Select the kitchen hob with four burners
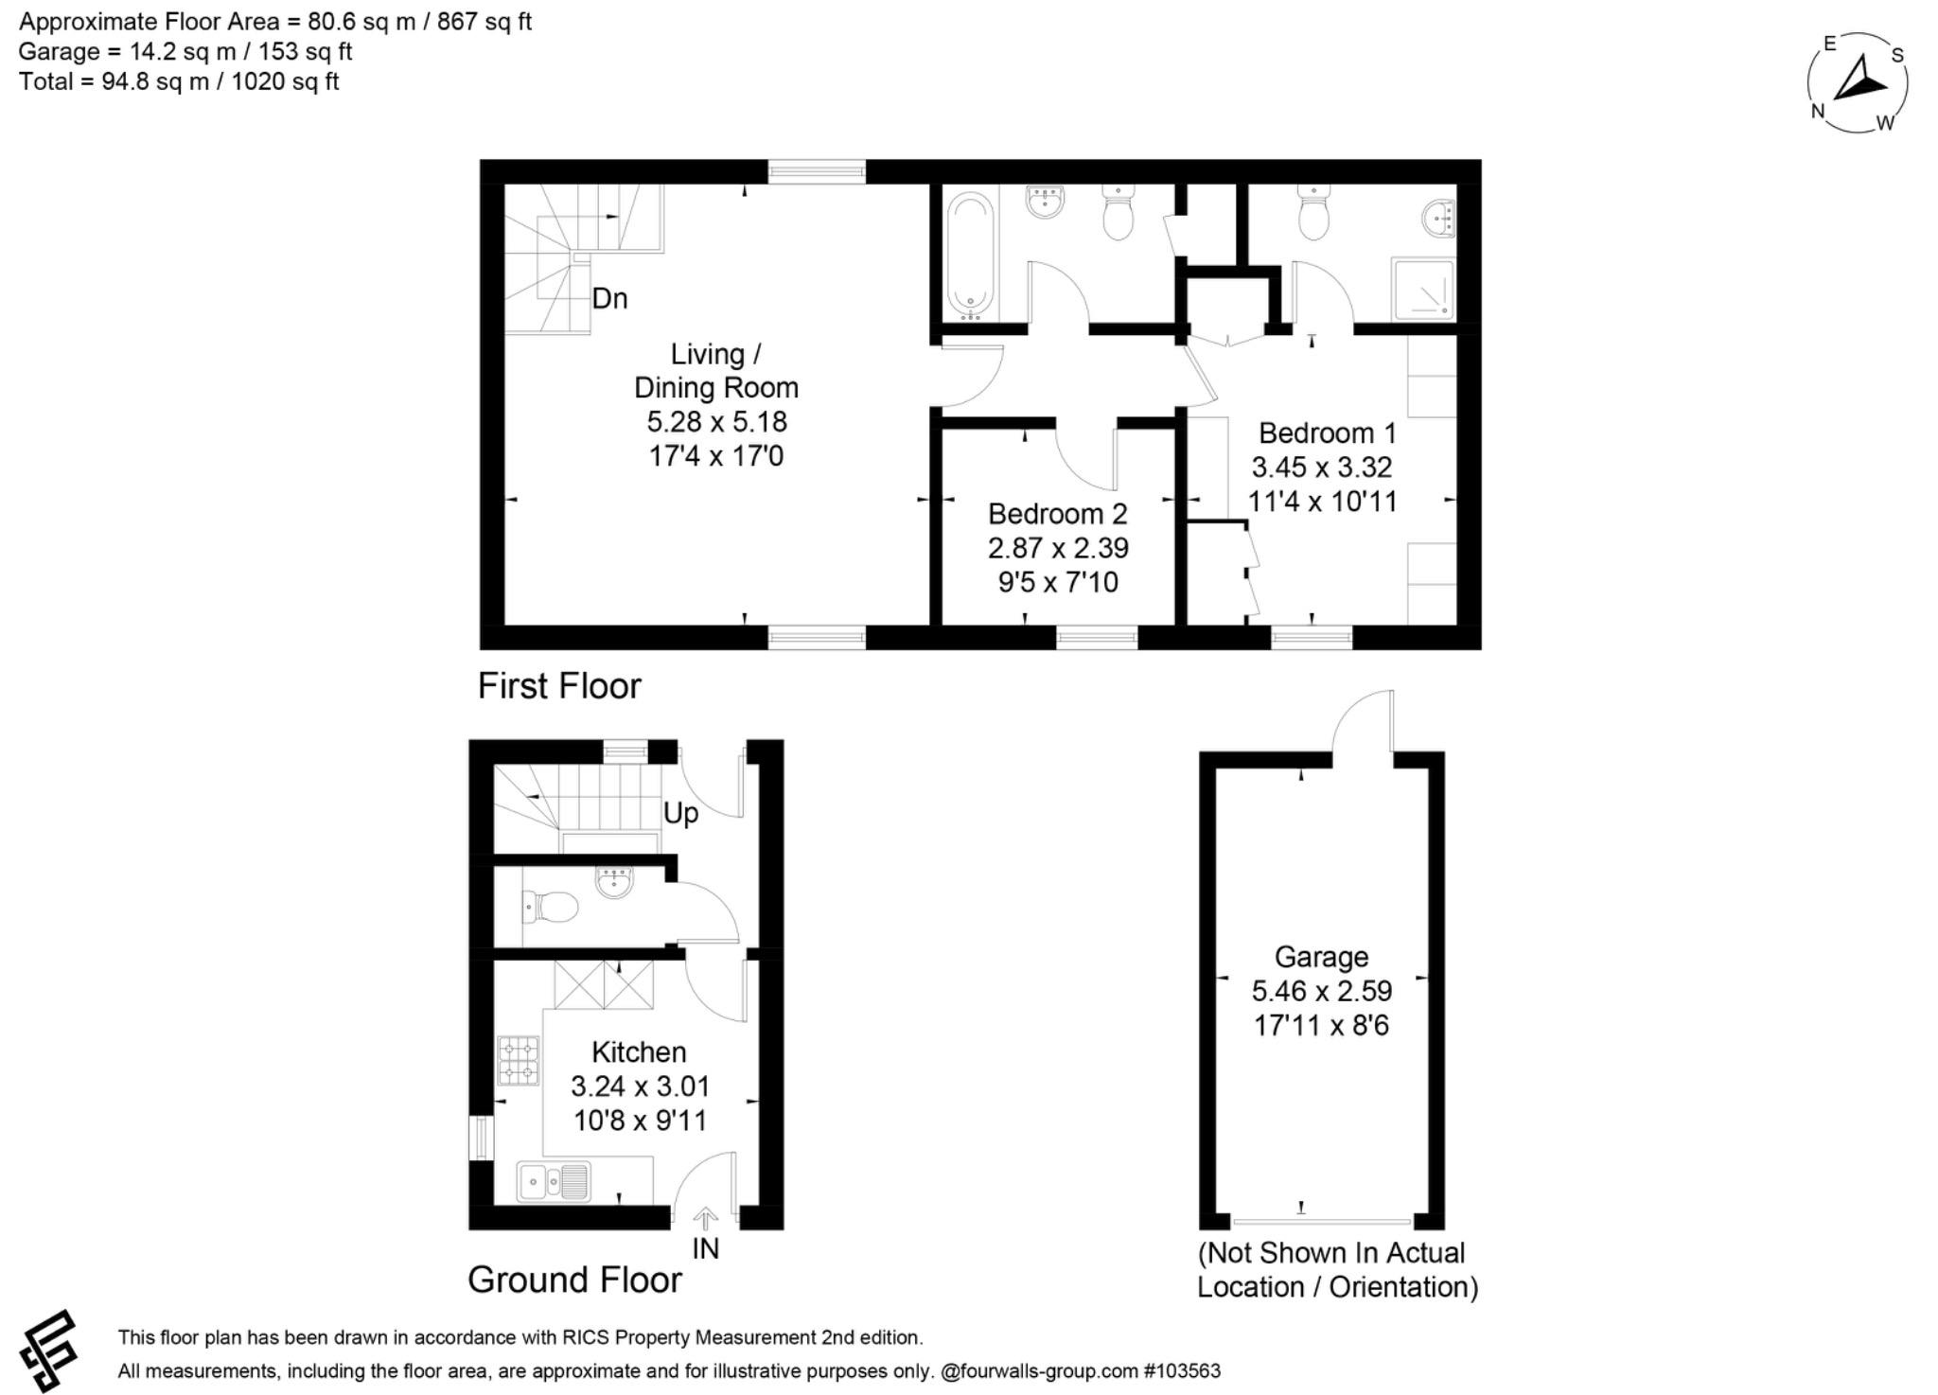click(518, 1061)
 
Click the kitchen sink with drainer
click(554, 1181)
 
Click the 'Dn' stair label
click(609, 299)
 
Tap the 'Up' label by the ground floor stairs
click(680, 813)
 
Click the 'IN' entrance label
click(705, 1249)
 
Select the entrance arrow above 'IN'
click(706, 1218)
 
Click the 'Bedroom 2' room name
click(1057, 514)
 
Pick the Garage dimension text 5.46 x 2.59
click(1321, 991)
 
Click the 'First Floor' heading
click(559, 686)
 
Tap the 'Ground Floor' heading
click(574, 1280)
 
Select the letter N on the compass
click(1817, 112)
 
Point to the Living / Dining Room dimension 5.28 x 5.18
click(716, 421)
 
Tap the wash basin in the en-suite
click(1438, 220)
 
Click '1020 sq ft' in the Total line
click(285, 81)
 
